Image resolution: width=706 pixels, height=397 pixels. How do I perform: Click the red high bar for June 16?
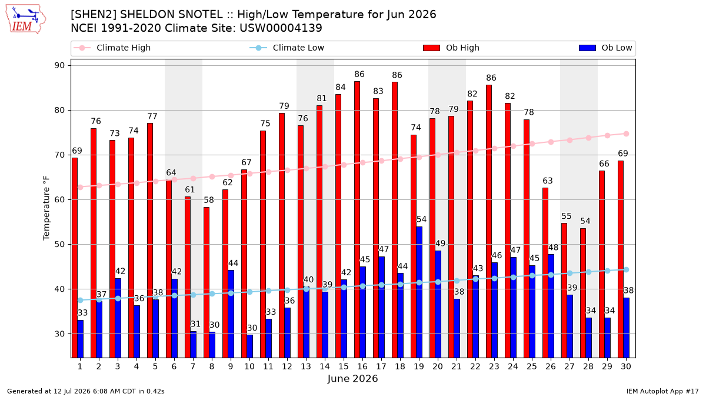point(357,219)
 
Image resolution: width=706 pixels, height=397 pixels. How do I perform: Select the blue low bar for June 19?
point(419,292)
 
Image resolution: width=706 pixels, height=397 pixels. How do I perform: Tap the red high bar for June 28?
point(583,293)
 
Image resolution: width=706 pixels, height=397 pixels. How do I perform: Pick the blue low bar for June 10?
point(249,346)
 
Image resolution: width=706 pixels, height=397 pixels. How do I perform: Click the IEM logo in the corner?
point(26,19)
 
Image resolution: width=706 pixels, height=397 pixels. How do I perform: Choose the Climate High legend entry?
point(112,48)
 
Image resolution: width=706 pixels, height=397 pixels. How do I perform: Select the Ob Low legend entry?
point(605,48)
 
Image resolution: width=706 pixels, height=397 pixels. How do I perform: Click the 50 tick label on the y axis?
point(59,245)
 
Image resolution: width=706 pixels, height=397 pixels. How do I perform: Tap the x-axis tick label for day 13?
point(306,367)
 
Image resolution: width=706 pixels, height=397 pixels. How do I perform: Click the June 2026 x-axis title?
point(352,378)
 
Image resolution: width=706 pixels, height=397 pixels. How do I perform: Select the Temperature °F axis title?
point(46,208)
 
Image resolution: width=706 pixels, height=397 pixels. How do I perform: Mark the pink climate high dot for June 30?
point(626,134)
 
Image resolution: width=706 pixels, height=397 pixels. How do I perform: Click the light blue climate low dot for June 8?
point(212,294)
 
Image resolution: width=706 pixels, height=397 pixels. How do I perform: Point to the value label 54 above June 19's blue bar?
point(421,219)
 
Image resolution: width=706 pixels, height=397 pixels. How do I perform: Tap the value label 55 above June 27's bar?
point(567,216)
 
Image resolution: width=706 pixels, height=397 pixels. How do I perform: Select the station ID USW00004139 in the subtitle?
point(281,28)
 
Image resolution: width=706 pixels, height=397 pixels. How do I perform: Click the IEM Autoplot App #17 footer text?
point(662,391)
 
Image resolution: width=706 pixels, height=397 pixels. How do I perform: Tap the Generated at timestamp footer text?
point(86,391)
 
